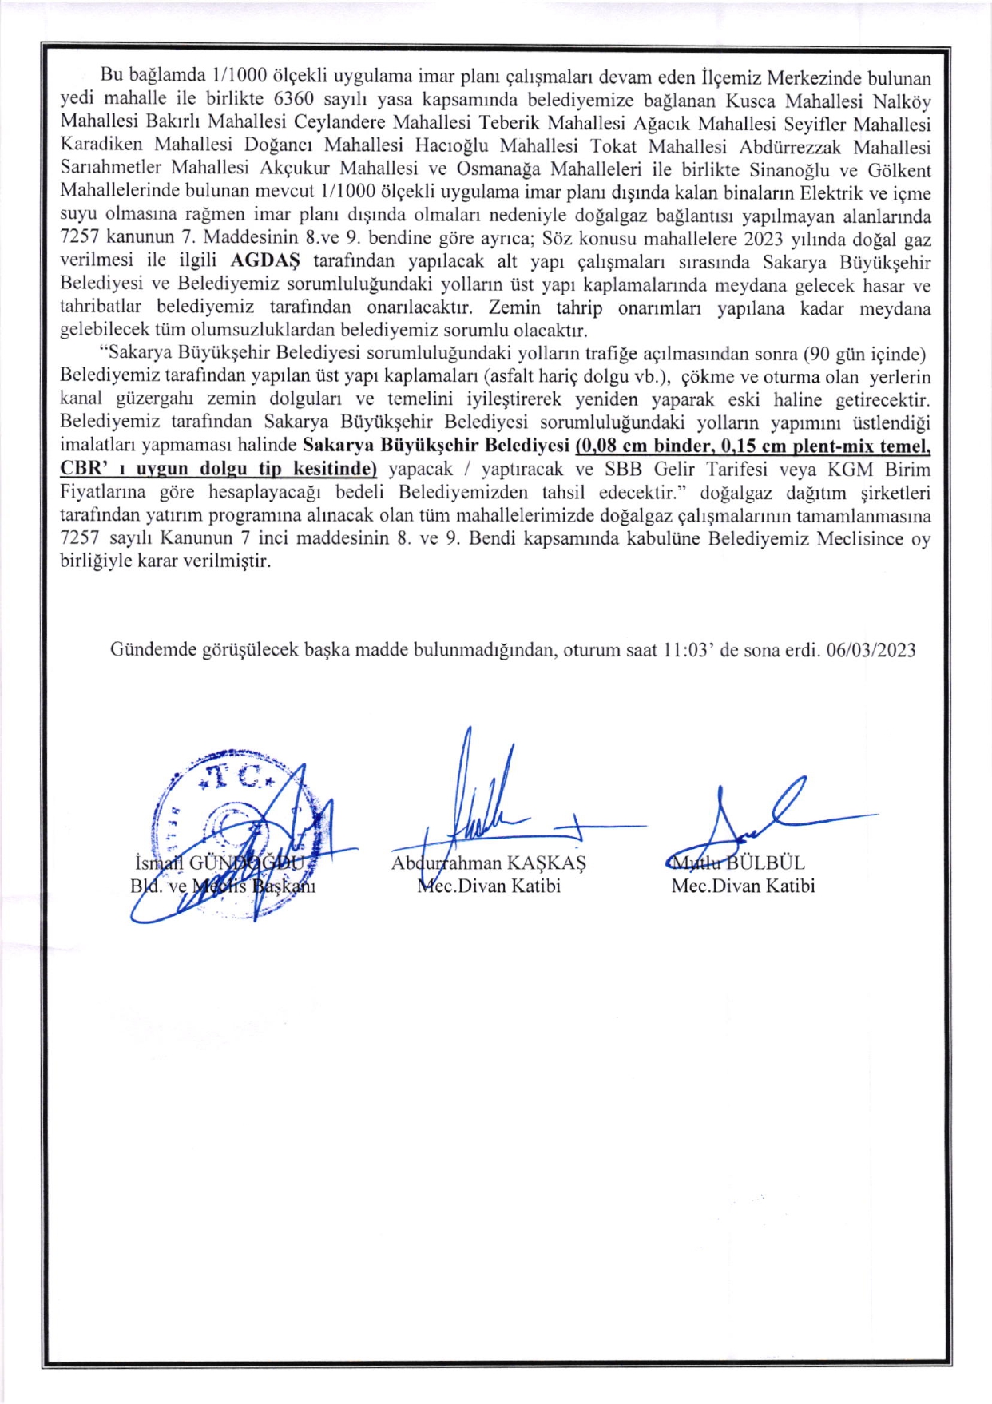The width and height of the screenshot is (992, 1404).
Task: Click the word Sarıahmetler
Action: pos(110,169)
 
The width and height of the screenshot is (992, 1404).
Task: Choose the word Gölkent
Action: pos(899,169)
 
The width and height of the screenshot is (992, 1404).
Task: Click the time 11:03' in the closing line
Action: pos(688,650)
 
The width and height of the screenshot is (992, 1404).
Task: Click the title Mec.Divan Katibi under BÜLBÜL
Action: pos(743,886)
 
